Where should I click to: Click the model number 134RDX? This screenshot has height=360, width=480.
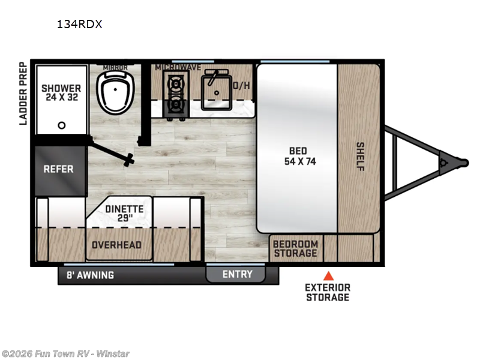point(80,24)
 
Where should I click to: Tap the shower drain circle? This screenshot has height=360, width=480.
point(62,125)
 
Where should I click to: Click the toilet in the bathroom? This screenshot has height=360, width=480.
point(115,92)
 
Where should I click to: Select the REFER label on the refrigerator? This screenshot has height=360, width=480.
point(58,169)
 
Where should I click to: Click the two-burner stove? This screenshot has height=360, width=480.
point(176,94)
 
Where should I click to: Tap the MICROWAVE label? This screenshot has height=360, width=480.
point(178,67)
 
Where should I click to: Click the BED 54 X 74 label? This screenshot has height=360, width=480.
point(299,156)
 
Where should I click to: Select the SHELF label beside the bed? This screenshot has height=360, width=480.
point(361,157)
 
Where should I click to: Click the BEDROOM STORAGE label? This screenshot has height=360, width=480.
point(295,248)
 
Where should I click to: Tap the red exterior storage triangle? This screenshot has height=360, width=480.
point(328,276)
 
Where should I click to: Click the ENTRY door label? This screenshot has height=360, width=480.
point(238,274)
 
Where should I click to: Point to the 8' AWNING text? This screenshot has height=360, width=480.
point(91,275)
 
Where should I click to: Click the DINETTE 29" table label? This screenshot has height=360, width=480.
point(124,213)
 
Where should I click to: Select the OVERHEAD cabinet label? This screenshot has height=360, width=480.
point(116,245)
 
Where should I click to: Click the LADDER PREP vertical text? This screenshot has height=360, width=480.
point(23,94)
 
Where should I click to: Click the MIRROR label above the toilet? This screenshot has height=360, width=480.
point(115,67)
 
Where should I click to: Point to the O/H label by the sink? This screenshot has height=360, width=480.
point(242,85)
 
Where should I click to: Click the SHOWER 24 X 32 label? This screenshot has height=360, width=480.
point(62,93)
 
